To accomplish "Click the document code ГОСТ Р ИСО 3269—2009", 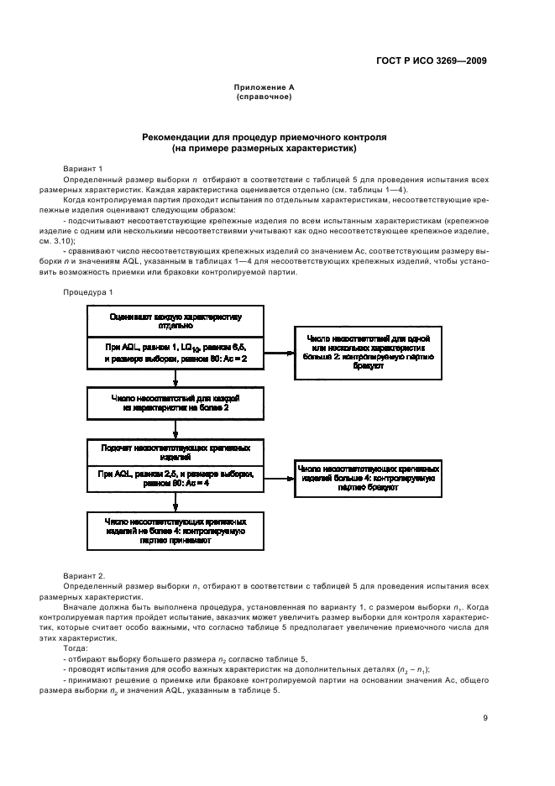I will point(433,60).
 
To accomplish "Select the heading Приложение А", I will point(264,87).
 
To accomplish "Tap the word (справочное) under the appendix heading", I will point(264,97).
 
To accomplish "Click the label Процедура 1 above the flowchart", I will point(87,291).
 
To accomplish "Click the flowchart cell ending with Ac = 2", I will point(175,353).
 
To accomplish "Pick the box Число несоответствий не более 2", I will point(175,402).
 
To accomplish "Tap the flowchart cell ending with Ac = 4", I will point(175,479).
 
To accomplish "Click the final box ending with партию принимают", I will point(175,532).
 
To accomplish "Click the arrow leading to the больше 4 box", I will point(279,479).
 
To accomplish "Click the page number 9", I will point(485,718).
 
